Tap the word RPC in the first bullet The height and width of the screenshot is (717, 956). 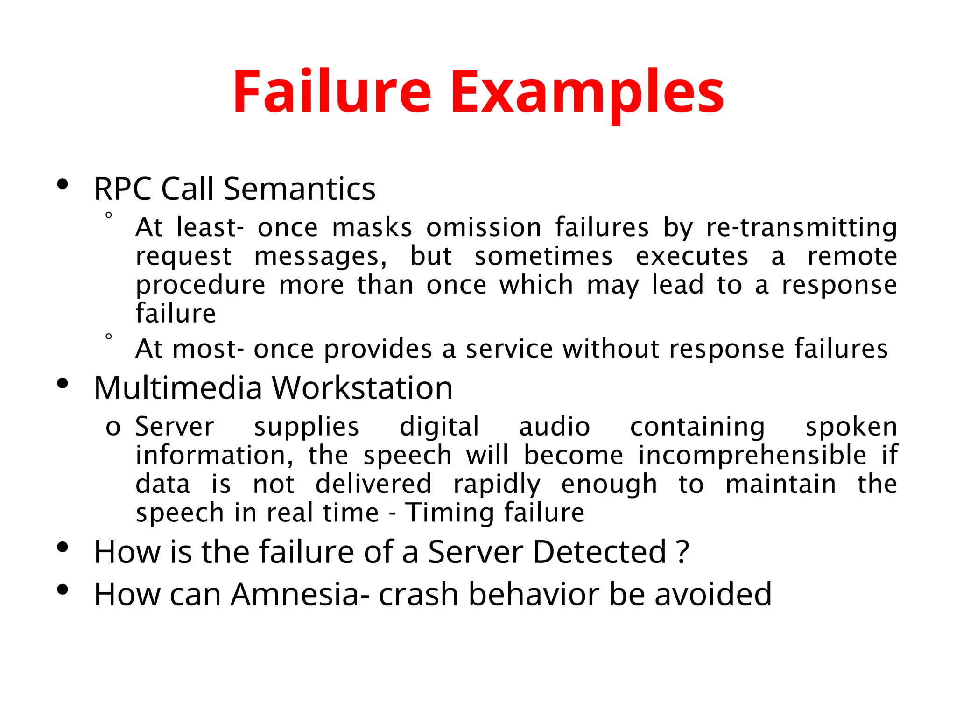(x=123, y=189)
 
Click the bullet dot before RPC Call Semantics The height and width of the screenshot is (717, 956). (x=63, y=185)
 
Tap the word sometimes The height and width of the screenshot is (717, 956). (x=543, y=256)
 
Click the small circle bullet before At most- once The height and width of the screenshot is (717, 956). (x=109, y=337)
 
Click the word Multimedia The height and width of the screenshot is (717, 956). (x=178, y=388)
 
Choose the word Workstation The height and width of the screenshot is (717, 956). (x=362, y=388)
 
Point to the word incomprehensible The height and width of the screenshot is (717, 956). (x=752, y=455)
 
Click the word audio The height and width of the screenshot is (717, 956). (x=555, y=427)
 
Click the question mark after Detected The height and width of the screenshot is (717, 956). (x=682, y=552)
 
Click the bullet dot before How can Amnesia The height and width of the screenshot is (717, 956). (x=63, y=590)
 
